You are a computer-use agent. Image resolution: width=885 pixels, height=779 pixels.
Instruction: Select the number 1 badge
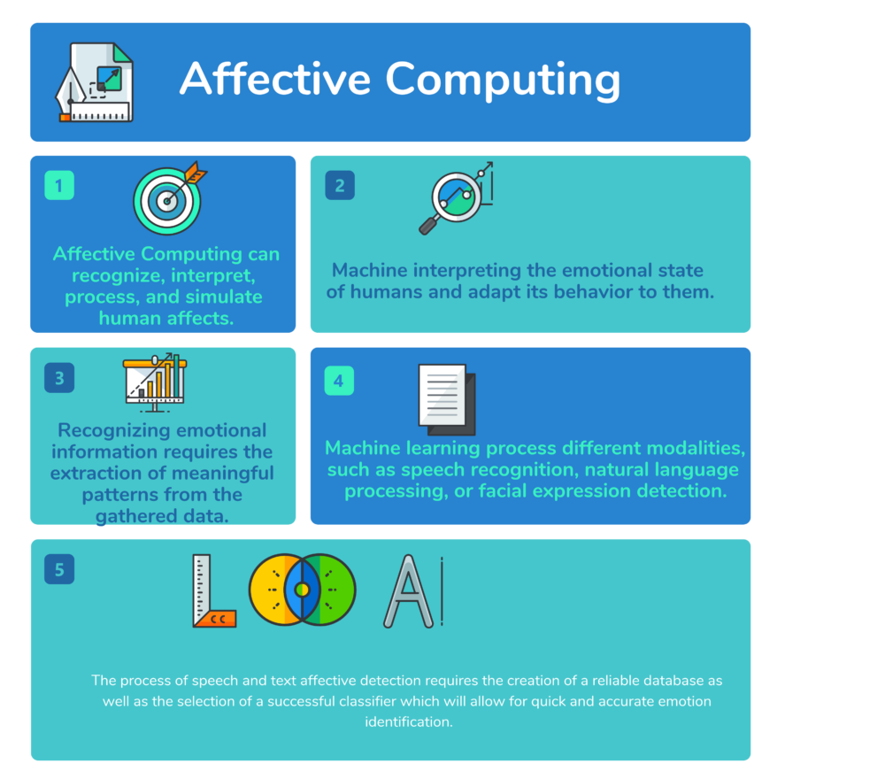59,186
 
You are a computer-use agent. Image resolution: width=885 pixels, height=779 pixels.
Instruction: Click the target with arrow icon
167,199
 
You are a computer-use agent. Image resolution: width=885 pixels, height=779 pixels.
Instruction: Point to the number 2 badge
340,186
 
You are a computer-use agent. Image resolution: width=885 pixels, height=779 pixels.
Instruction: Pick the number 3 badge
59,378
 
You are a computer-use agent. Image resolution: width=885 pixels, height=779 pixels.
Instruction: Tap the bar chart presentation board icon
154,382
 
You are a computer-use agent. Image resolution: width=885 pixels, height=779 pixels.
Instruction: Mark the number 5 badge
59,569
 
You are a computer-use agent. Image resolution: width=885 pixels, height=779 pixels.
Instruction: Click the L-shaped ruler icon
212,590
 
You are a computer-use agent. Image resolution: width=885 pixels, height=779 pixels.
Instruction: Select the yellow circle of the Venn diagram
268,589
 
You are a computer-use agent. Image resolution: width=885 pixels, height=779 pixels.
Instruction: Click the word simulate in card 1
221,297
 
